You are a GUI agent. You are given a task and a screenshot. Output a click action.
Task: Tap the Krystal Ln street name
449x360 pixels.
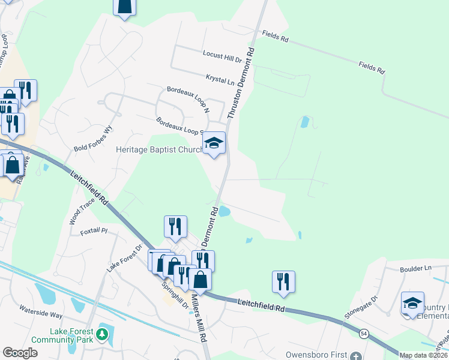point(220,79)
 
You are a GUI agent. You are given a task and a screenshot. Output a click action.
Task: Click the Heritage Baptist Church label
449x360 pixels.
point(159,149)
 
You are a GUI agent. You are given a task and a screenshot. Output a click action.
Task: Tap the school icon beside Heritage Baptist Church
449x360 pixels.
point(214,143)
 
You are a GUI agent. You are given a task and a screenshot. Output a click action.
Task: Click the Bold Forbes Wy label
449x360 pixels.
point(93,139)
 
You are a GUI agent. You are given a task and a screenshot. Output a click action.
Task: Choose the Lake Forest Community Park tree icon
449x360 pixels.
point(103,333)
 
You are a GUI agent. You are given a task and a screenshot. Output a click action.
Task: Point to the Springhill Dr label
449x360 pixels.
point(175,294)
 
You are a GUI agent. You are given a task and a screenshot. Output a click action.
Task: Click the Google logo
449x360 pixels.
point(20,353)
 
